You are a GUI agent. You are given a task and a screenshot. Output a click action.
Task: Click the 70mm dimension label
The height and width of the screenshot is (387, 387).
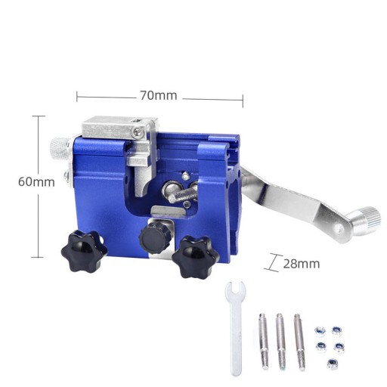pyautogui.click(x=159, y=95)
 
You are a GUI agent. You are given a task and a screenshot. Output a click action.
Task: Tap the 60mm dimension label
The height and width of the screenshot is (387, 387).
pyautogui.click(x=36, y=181)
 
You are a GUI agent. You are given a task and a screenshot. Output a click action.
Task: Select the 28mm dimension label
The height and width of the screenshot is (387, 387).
pyautogui.click(x=302, y=264)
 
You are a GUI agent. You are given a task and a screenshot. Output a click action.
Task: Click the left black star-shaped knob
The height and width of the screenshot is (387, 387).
pyautogui.click(x=84, y=251)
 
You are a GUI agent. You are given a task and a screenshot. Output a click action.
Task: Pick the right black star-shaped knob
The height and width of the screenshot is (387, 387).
pyautogui.click(x=196, y=257)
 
